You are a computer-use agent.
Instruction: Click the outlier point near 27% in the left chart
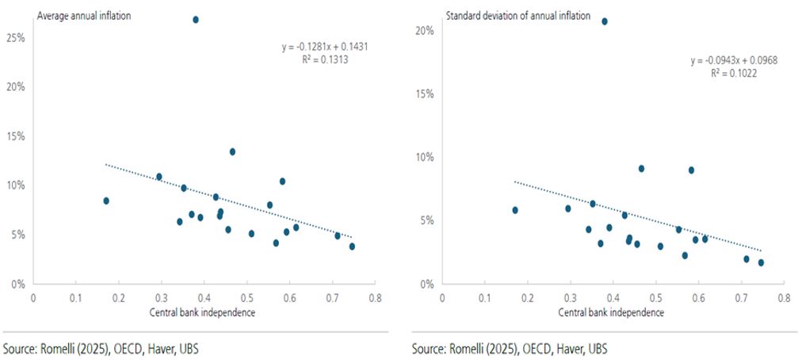coord(196,19)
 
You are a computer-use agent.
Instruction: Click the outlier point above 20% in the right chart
coord(605,21)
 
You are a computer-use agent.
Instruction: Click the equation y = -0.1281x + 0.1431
coord(325,47)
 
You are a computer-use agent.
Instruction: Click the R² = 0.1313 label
coord(325,59)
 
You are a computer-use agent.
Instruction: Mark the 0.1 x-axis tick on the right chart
coord(484,299)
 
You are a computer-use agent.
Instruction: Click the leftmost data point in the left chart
coord(106,201)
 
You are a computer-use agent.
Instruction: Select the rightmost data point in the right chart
coord(761,262)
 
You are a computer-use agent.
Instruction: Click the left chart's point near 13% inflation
coord(232,151)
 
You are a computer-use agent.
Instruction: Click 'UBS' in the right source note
coord(596,348)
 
